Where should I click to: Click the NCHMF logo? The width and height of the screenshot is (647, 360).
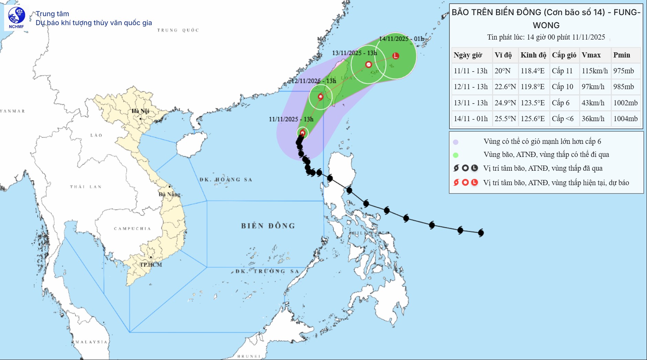[x=17, y=18]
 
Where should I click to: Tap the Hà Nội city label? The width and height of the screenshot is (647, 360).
[x=140, y=111]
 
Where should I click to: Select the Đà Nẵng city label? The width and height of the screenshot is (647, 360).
[x=169, y=194]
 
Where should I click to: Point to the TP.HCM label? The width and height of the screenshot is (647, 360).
[x=151, y=265]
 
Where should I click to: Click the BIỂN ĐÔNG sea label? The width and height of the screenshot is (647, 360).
[x=268, y=226]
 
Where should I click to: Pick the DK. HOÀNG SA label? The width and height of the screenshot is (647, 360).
[x=226, y=180]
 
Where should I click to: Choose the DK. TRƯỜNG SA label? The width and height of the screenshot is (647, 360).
[x=267, y=271]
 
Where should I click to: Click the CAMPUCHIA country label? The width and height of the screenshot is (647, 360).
[x=132, y=229]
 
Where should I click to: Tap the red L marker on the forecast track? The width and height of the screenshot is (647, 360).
[x=396, y=56]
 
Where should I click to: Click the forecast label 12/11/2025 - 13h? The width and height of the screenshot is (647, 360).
[x=314, y=81]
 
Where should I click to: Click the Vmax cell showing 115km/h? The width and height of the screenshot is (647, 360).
[x=595, y=71]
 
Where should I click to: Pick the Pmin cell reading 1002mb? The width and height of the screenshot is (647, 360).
[x=625, y=103]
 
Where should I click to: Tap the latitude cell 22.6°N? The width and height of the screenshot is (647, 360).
[x=505, y=87]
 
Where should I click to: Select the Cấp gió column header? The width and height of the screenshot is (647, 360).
[x=564, y=55]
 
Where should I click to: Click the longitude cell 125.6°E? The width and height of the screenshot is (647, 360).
[x=532, y=119]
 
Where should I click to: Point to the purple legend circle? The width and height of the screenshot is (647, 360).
[x=456, y=142]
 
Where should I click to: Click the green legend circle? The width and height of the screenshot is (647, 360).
[x=456, y=155]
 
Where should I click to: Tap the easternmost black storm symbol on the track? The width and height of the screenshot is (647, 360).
[x=481, y=233]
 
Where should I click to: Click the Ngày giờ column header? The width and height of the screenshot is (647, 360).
[x=468, y=55]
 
